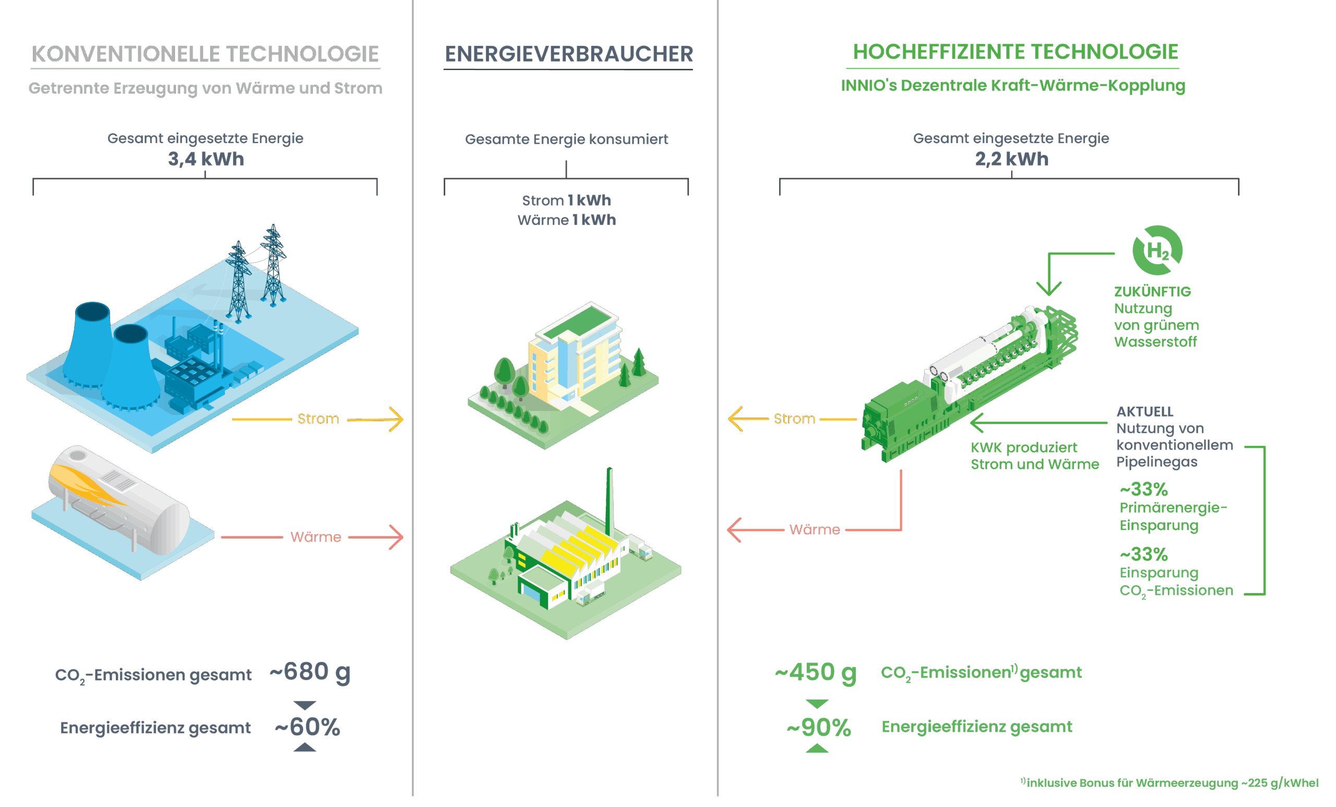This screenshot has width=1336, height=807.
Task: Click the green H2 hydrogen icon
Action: coord(1157,251)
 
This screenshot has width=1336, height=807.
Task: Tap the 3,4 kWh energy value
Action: coord(206,159)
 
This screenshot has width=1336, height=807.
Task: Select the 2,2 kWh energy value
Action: coord(1011,159)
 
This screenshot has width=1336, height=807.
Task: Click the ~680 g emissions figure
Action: coord(309,672)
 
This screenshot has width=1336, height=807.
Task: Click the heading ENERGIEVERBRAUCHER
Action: coord(568,54)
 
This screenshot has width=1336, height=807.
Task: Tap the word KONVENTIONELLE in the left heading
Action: coord(126,54)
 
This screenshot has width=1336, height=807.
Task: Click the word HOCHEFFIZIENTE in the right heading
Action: coord(938,52)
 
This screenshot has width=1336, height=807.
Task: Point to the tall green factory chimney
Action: coord(610,502)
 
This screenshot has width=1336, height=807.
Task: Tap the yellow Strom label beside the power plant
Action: coord(318,419)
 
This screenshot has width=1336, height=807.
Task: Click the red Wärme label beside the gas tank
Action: coord(316,537)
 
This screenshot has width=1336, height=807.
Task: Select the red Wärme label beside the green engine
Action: coord(815,529)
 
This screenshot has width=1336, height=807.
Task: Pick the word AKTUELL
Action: coord(1144,411)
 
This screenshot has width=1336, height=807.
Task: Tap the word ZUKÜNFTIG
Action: coord(1152,292)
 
